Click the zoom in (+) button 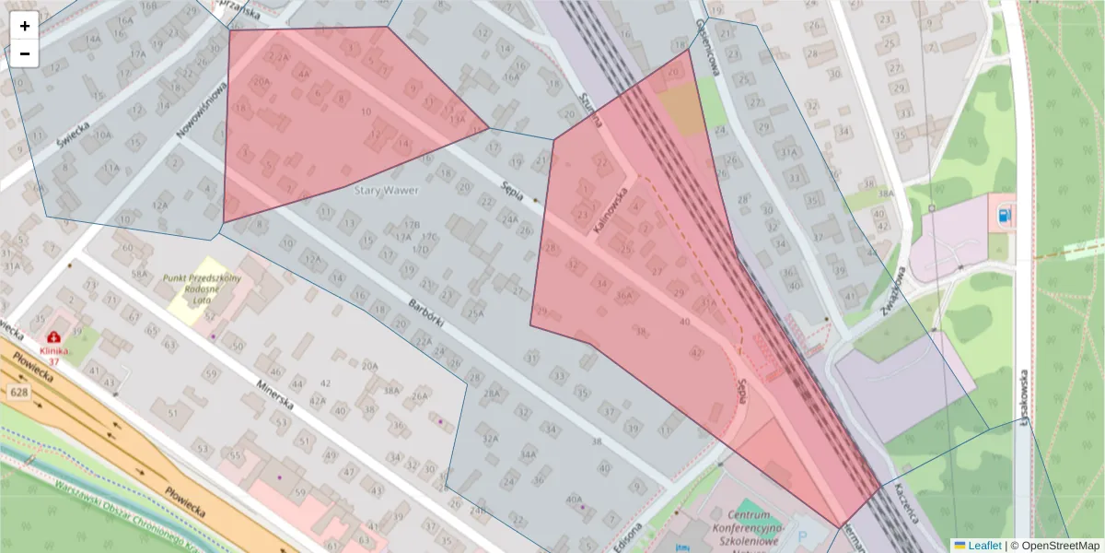pos(25,26)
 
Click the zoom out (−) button pos(25,53)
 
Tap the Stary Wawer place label pos(387,191)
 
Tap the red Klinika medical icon pos(54,337)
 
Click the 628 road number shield pos(18,393)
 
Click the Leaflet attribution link pos(977,546)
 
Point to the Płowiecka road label pos(187,505)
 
